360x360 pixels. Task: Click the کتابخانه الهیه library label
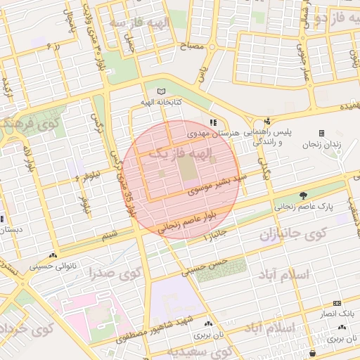point(161,103)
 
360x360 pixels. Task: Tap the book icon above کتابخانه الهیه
point(161,92)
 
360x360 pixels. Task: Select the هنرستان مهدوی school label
point(214,132)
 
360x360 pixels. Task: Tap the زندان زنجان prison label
point(321,143)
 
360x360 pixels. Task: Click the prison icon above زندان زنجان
point(321,133)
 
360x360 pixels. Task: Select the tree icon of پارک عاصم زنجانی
point(303,195)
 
